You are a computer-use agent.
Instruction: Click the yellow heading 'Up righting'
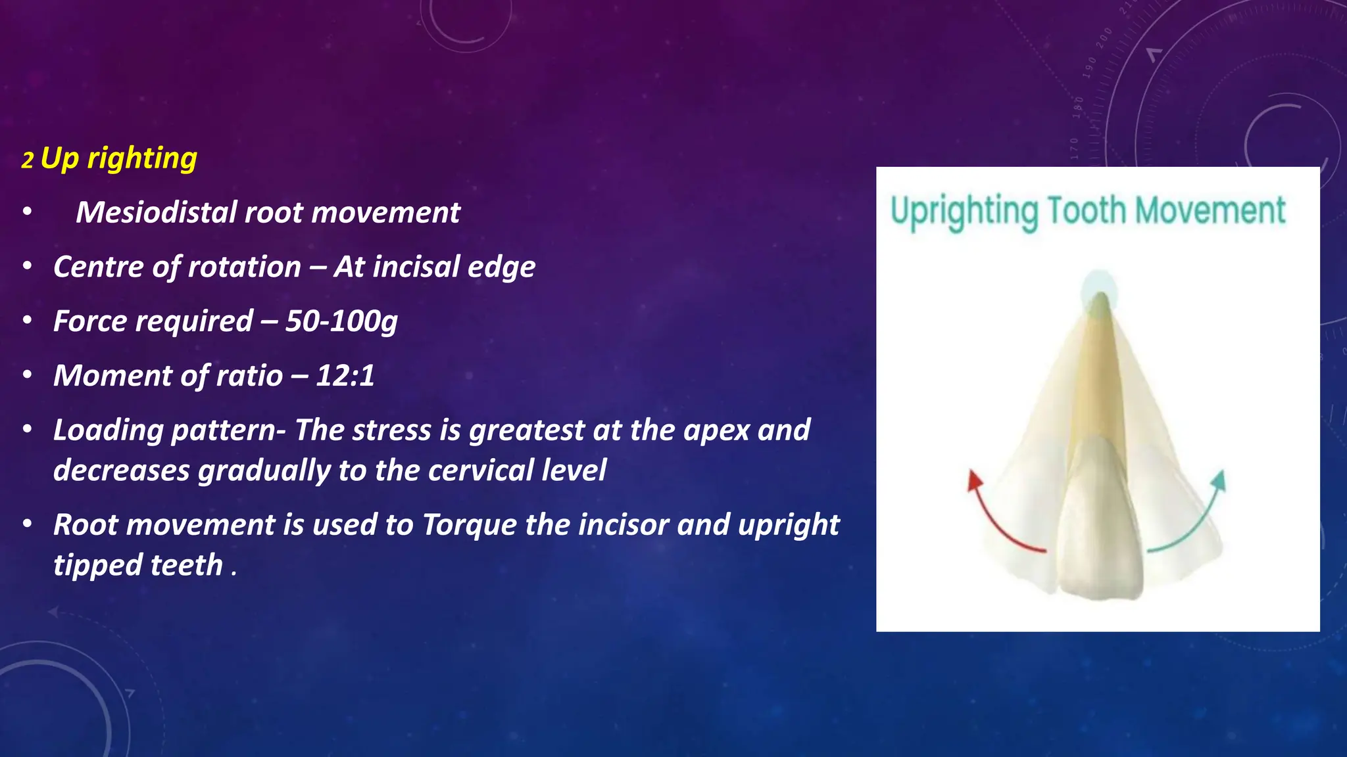(118, 159)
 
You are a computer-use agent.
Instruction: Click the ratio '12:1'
(345, 376)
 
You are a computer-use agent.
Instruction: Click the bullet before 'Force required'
(27, 321)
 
